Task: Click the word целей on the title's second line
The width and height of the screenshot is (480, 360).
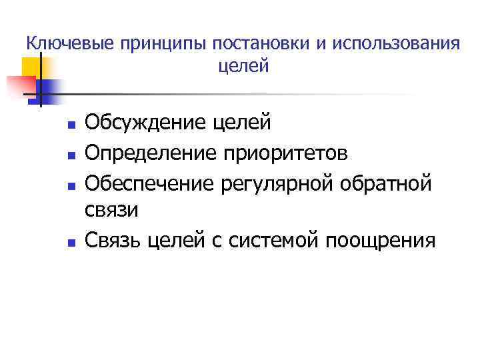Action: (x=243, y=66)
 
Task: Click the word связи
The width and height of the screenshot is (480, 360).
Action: (x=112, y=210)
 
